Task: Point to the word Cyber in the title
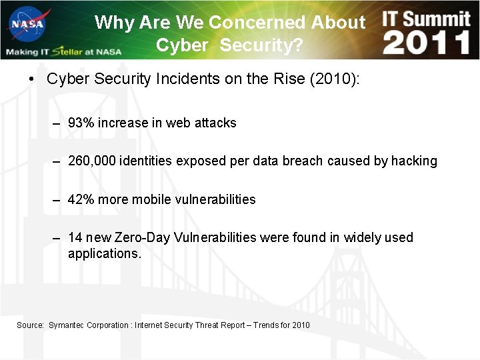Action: coord(182,45)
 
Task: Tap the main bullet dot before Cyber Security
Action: coord(31,79)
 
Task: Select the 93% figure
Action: coord(81,123)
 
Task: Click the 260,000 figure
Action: coord(92,161)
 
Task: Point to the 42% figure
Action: coord(81,199)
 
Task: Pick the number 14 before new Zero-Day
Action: coord(75,237)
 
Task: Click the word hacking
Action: coord(414,161)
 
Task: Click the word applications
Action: coord(104,253)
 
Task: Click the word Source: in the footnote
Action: coord(30,325)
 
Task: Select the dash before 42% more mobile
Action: coord(58,200)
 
